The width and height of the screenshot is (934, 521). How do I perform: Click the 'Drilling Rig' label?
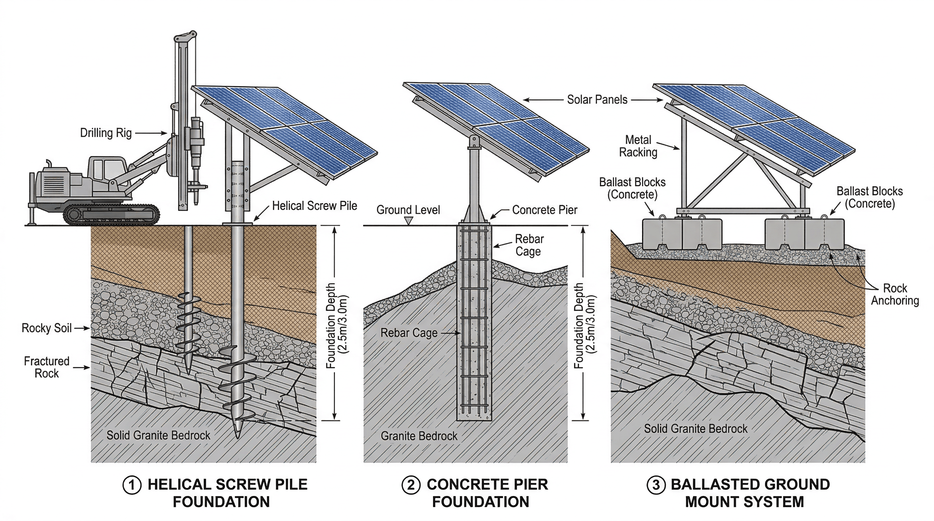(106, 133)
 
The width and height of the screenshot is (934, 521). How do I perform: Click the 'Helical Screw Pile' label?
(314, 206)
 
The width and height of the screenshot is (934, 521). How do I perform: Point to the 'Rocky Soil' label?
(46, 328)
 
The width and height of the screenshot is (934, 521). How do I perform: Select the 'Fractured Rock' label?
(46, 367)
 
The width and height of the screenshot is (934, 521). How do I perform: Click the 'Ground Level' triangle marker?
(409, 220)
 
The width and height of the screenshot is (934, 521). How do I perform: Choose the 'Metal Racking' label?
(638, 146)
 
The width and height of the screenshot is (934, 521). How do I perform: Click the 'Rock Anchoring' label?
(895, 294)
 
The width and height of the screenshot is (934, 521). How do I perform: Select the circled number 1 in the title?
(132, 485)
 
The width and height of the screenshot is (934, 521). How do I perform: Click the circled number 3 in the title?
(656, 485)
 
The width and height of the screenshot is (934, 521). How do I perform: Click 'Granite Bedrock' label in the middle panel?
(419, 436)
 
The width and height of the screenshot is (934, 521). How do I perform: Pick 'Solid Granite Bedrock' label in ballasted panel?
(695, 429)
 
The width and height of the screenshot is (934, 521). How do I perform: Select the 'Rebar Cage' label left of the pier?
(409, 333)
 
